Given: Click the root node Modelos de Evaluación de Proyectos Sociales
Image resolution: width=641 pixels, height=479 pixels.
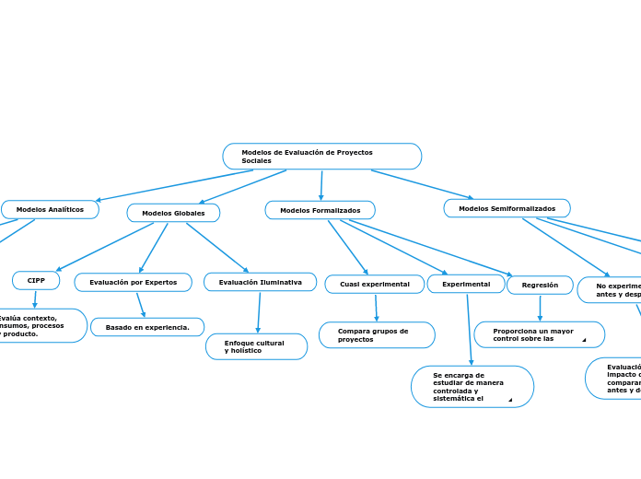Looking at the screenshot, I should click(x=321, y=157).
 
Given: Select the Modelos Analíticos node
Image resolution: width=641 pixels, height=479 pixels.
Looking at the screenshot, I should click(x=50, y=210).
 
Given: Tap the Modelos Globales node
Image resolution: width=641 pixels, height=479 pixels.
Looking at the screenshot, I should click(x=173, y=213).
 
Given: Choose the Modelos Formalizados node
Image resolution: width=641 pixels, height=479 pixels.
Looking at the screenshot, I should click(x=320, y=210).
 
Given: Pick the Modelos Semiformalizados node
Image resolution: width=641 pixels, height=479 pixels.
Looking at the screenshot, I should click(x=507, y=208).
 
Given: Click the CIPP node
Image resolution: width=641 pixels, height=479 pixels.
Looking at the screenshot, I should click(x=36, y=280).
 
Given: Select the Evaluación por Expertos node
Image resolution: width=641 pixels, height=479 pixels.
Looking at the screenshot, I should click(x=133, y=282).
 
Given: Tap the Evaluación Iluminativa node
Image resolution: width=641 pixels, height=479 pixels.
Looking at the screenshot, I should click(x=260, y=282).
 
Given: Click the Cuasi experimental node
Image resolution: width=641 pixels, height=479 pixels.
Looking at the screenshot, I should click(x=374, y=284).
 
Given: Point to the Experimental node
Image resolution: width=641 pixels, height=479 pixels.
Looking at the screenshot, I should click(x=466, y=284).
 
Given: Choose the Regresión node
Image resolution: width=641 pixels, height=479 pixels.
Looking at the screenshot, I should click(x=540, y=285).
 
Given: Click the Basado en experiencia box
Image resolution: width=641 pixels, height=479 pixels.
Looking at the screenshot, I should click(x=147, y=327).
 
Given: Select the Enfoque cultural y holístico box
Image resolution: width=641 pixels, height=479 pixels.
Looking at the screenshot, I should click(x=256, y=346).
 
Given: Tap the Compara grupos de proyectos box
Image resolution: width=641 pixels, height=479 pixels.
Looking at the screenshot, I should click(x=377, y=335).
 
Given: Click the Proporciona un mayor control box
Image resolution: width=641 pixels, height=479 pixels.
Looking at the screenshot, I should click(x=539, y=334).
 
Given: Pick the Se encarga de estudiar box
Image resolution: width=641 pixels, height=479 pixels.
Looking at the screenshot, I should click(x=472, y=386).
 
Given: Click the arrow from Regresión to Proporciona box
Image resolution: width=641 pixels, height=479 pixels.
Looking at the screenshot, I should click(x=540, y=308).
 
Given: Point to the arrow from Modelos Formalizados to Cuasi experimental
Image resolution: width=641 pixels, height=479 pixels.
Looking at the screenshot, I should click(x=347, y=247).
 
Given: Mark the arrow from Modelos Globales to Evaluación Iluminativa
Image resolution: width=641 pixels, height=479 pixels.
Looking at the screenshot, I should click(x=217, y=248).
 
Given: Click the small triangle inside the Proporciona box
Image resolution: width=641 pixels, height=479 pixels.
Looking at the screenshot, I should click(x=584, y=340).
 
